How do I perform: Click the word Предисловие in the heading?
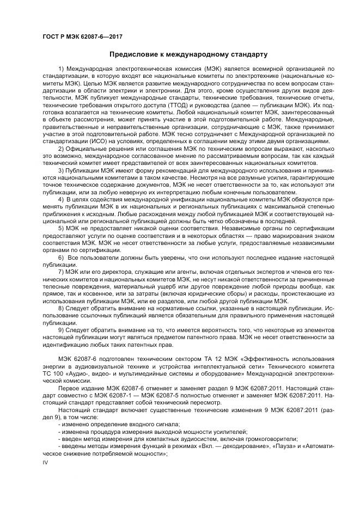tap(134, 54)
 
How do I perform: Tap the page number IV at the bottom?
tap(46, 462)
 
